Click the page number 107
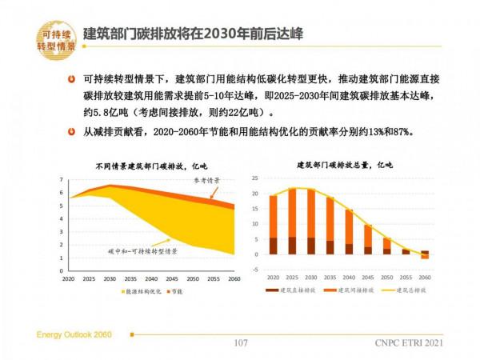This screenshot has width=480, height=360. click(240, 344)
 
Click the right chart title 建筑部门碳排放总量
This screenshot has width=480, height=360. click(346, 166)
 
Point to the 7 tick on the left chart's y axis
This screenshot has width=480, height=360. click(62, 181)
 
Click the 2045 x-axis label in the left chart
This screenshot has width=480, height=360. click(170, 279)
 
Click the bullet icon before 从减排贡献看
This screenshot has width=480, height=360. click(72, 132)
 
